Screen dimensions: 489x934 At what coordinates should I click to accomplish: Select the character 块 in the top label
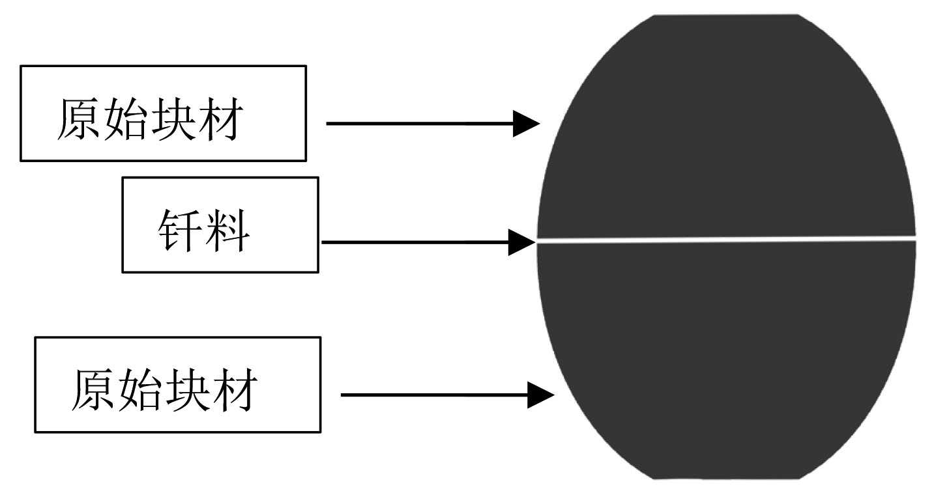point(169,120)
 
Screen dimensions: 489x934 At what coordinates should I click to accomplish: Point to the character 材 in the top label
point(216,120)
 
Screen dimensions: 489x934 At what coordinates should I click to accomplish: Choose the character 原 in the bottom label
point(92,391)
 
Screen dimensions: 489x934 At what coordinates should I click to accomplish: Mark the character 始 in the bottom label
point(138,391)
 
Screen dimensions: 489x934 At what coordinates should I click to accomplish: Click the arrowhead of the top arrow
point(525,123)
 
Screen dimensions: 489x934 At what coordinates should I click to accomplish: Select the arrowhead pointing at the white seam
point(521,243)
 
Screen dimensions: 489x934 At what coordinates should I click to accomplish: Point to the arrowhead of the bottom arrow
point(540,395)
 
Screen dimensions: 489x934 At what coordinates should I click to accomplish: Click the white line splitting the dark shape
point(726,240)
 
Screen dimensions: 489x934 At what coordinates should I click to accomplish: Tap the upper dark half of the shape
point(726,130)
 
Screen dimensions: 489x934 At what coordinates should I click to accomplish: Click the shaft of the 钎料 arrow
point(417,243)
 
